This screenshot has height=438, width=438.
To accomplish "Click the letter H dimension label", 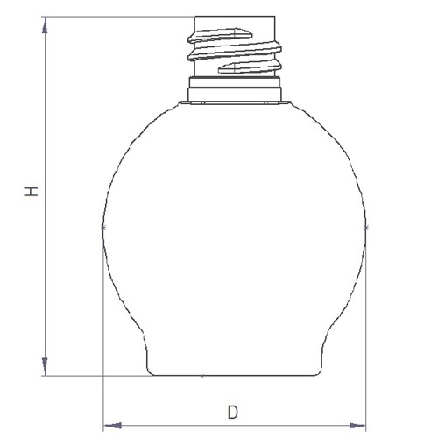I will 32,192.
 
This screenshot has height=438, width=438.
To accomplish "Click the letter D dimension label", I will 232,411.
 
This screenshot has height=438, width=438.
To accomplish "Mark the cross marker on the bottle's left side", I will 103,227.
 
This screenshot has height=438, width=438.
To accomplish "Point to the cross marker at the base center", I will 202,376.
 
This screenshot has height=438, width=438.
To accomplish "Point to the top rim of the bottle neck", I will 234,17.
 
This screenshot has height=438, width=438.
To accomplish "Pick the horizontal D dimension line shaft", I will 175,426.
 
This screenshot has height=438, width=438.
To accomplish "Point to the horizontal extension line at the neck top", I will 114,16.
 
